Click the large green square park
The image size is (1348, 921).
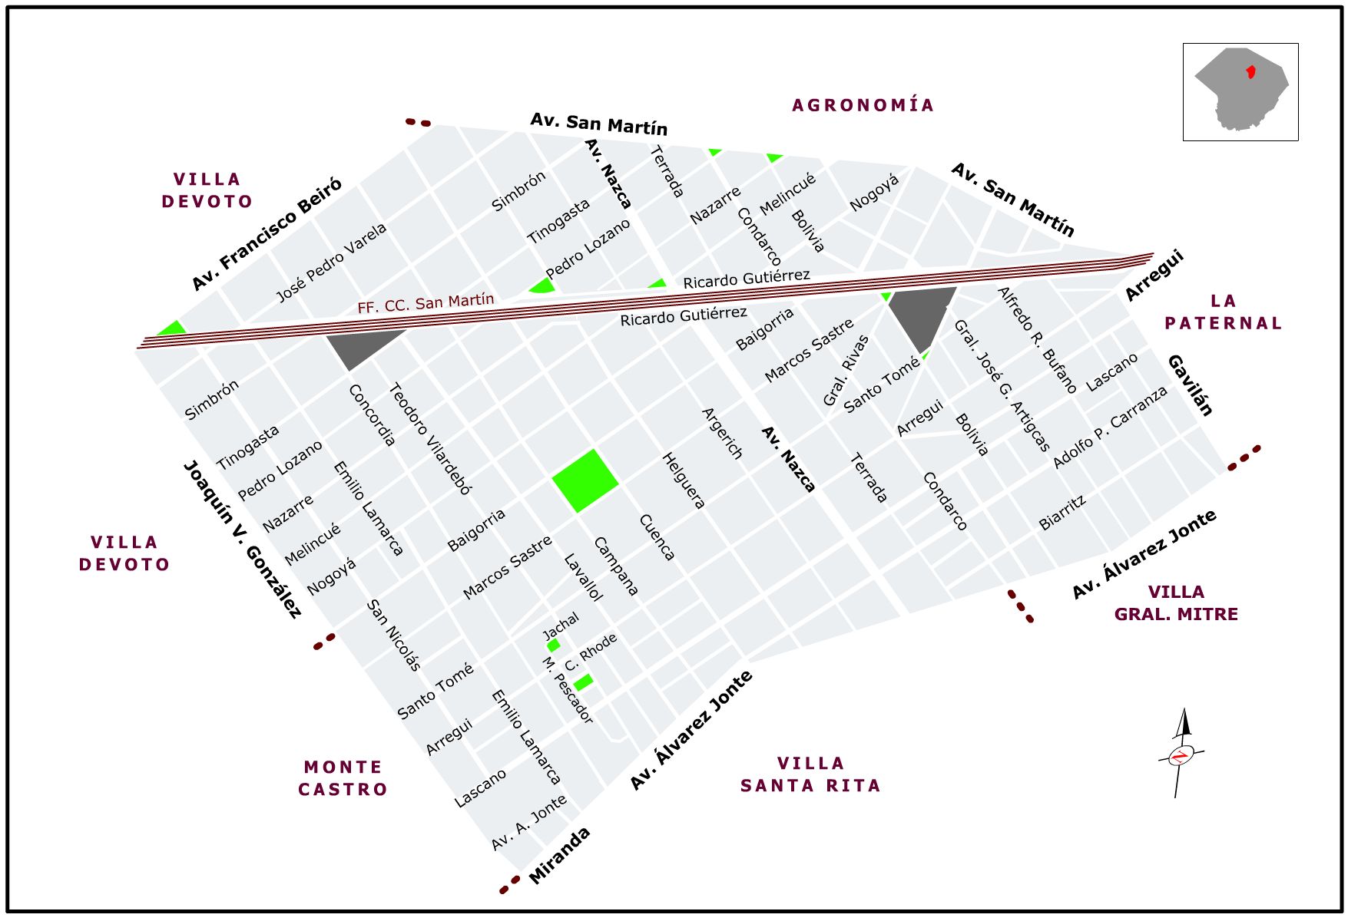(x=585, y=480)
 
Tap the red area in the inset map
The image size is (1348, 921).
(x=1250, y=72)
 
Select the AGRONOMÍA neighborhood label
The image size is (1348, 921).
(x=863, y=105)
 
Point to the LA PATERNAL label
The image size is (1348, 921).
(x=1223, y=312)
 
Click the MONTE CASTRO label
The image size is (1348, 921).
(x=343, y=778)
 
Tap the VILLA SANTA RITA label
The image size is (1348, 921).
(x=810, y=774)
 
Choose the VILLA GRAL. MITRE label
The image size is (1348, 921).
(x=1176, y=603)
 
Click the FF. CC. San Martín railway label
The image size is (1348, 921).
(x=426, y=303)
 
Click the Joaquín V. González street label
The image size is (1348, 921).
(x=242, y=539)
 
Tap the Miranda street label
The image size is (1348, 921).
(x=559, y=856)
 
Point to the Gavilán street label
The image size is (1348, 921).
(x=1191, y=385)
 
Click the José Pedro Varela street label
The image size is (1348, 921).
(x=331, y=263)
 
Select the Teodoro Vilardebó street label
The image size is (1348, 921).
(x=430, y=438)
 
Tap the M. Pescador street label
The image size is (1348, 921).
(x=568, y=690)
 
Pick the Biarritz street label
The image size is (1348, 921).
(x=1062, y=513)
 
